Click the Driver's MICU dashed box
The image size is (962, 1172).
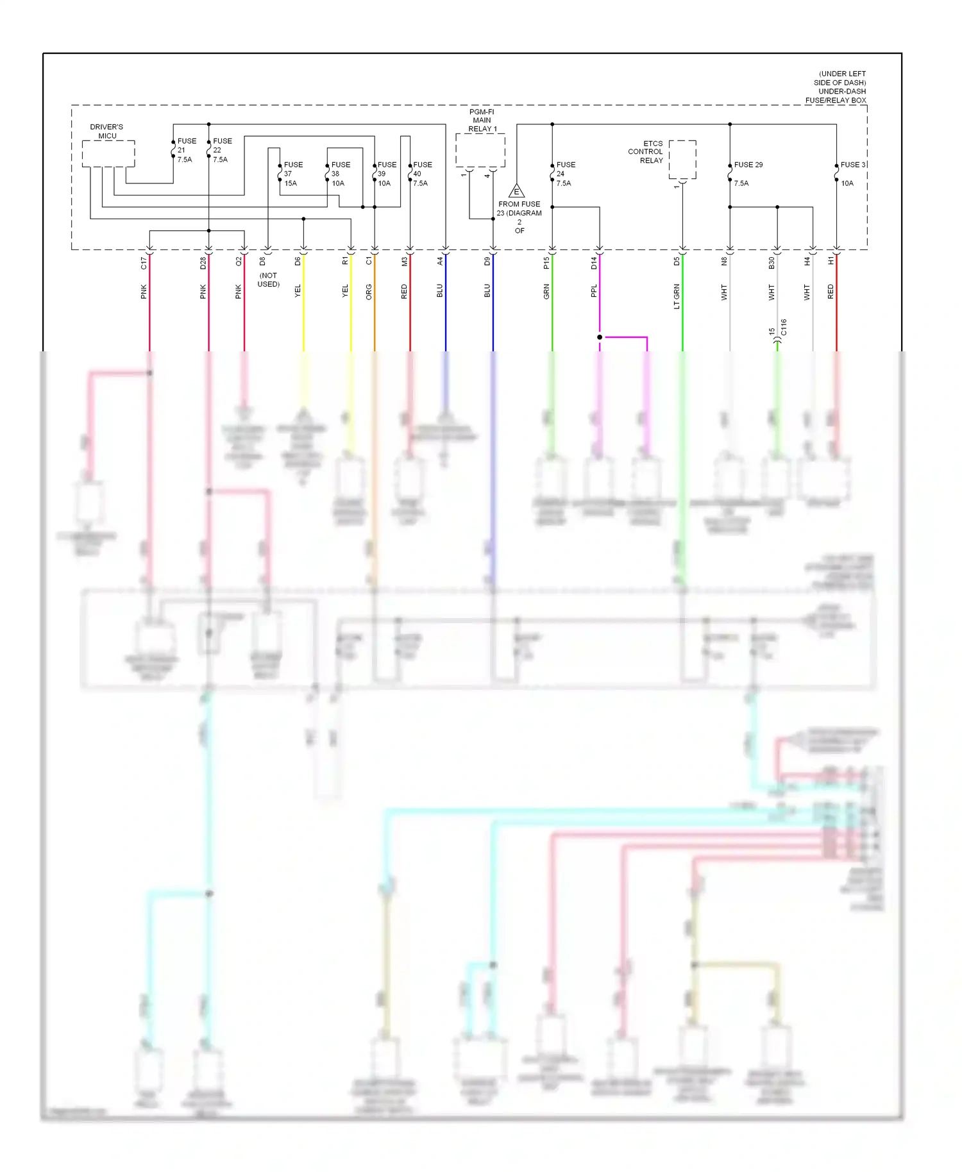(x=108, y=154)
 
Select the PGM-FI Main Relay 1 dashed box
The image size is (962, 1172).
(x=480, y=150)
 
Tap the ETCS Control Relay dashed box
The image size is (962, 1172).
(x=682, y=160)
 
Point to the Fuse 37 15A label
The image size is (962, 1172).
(x=292, y=174)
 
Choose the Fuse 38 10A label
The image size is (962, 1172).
(x=340, y=174)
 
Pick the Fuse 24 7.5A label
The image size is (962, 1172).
(x=565, y=174)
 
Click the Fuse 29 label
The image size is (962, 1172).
(x=748, y=165)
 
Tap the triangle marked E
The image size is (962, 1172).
(x=516, y=191)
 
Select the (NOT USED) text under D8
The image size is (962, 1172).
(x=269, y=280)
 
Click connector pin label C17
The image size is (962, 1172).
(x=144, y=263)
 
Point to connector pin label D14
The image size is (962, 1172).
(x=594, y=263)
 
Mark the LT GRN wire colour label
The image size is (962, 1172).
(x=677, y=297)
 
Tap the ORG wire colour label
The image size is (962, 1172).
(x=369, y=292)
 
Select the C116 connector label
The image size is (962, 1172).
(x=784, y=328)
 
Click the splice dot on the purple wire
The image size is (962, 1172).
(x=600, y=337)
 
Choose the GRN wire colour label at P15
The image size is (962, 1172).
(x=546, y=292)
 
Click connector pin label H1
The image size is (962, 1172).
(x=831, y=262)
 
